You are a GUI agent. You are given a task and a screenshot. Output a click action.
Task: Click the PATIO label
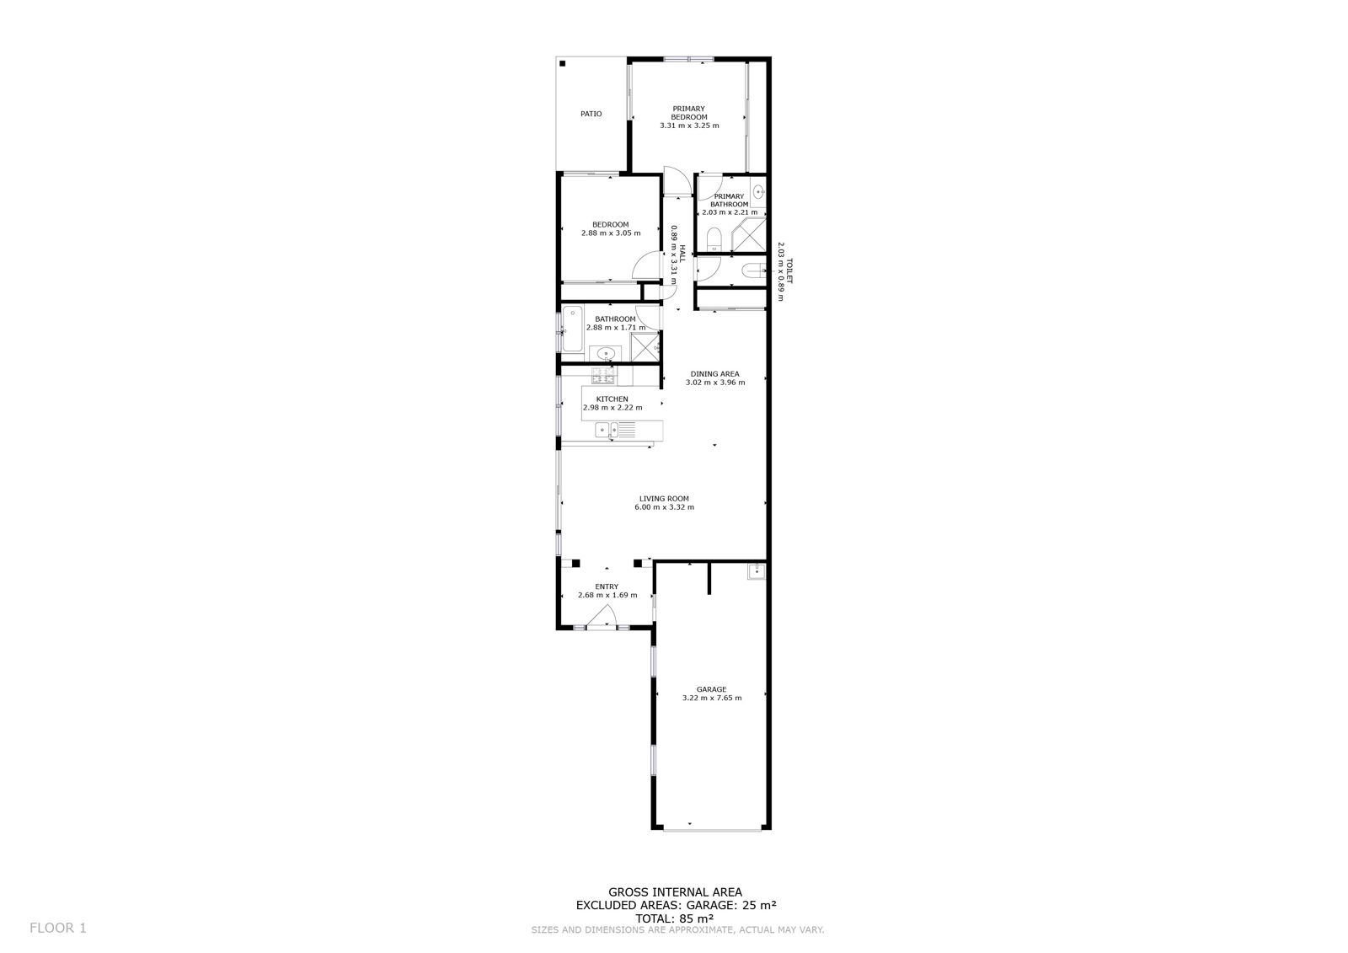(591, 114)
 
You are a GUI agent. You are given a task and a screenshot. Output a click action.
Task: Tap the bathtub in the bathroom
(572, 328)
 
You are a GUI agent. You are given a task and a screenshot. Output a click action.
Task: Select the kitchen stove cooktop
(603, 376)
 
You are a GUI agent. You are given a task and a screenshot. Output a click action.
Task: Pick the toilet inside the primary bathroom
(714, 239)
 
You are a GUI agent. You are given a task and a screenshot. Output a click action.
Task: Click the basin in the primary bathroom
(758, 192)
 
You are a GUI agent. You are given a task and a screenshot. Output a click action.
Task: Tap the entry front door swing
(602, 616)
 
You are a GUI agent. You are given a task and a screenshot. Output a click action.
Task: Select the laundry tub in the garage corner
(756, 570)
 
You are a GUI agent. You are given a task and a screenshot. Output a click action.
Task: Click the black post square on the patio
(562, 63)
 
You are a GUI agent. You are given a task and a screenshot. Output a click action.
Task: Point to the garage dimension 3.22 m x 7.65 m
(712, 698)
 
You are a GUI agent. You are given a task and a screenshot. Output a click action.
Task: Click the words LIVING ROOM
(664, 499)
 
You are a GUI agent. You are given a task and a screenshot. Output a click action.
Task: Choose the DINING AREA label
(715, 374)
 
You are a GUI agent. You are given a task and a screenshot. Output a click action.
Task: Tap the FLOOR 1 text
(58, 928)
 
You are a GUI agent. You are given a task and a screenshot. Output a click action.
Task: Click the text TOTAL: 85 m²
(675, 918)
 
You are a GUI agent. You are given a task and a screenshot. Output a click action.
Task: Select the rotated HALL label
(682, 254)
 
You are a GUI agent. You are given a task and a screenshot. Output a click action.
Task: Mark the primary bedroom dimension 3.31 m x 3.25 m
(689, 126)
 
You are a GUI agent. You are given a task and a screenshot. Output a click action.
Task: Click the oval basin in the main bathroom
(606, 353)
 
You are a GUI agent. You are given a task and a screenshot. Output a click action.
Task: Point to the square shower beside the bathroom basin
(645, 347)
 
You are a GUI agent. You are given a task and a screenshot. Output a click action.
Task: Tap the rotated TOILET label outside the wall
(789, 271)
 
